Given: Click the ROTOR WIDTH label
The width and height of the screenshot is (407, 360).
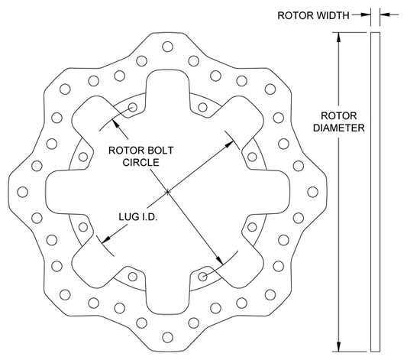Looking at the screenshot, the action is pyautogui.click(x=313, y=15).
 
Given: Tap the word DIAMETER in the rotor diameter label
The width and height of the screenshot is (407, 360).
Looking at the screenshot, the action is pyautogui.click(x=339, y=128).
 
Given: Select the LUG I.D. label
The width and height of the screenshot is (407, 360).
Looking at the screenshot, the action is pyautogui.click(x=138, y=217).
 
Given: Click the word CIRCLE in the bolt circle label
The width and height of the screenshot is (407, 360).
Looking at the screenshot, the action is pyautogui.click(x=141, y=162).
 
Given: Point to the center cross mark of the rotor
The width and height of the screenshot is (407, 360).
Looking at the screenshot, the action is pyautogui.click(x=168, y=192).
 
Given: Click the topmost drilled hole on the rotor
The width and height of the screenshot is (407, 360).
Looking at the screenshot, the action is pyautogui.click(x=168, y=47).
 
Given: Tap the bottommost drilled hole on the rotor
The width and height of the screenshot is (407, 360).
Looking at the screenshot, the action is pyautogui.click(x=168, y=337).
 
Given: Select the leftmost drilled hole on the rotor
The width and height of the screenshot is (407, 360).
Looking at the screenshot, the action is pyautogui.click(x=23, y=192).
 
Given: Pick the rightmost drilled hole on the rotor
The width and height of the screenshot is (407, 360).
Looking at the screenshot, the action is pyautogui.click(x=312, y=192).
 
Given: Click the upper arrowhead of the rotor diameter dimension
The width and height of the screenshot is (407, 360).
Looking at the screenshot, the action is pyautogui.click(x=338, y=37).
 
